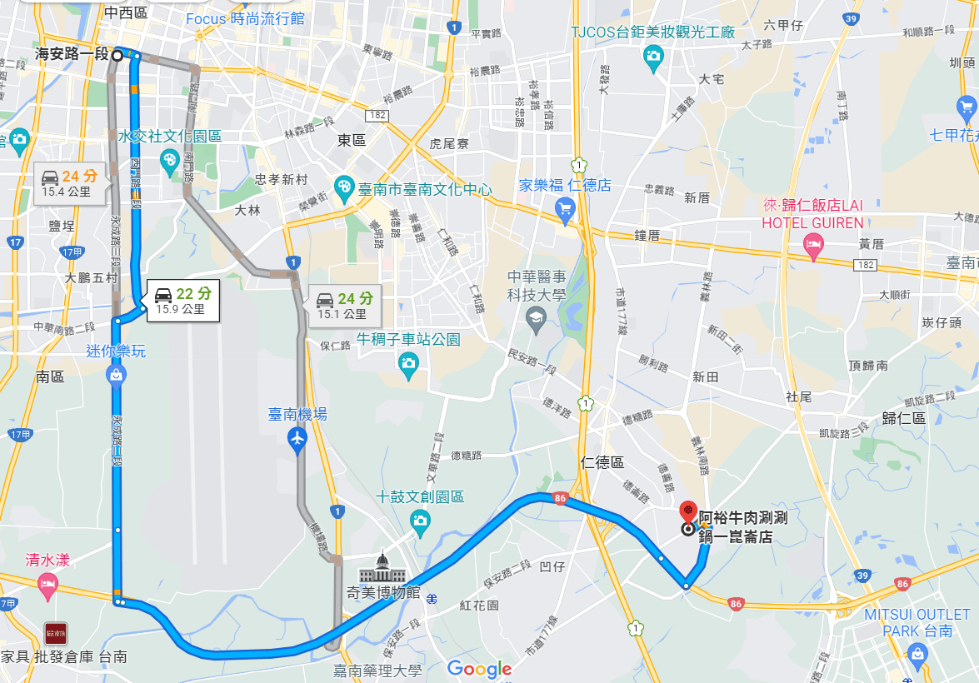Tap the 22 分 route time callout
click(x=182, y=300)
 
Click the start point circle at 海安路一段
click(x=117, y=56)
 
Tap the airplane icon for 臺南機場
click(x=297, y=437)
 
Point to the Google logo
click(x=479, y=668)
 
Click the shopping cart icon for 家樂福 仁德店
click(x=566, y=207)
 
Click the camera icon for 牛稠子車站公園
click(x=407, y=362)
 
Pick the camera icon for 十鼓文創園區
click(x=421, y=520)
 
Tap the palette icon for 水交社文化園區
click(x=170, y=159)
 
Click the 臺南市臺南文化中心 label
click(x=424, y=189)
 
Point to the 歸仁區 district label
click(x=907, y=418)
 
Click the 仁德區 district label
click(x=603, y=462)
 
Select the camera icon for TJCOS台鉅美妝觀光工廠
click(x=654, y=56)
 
